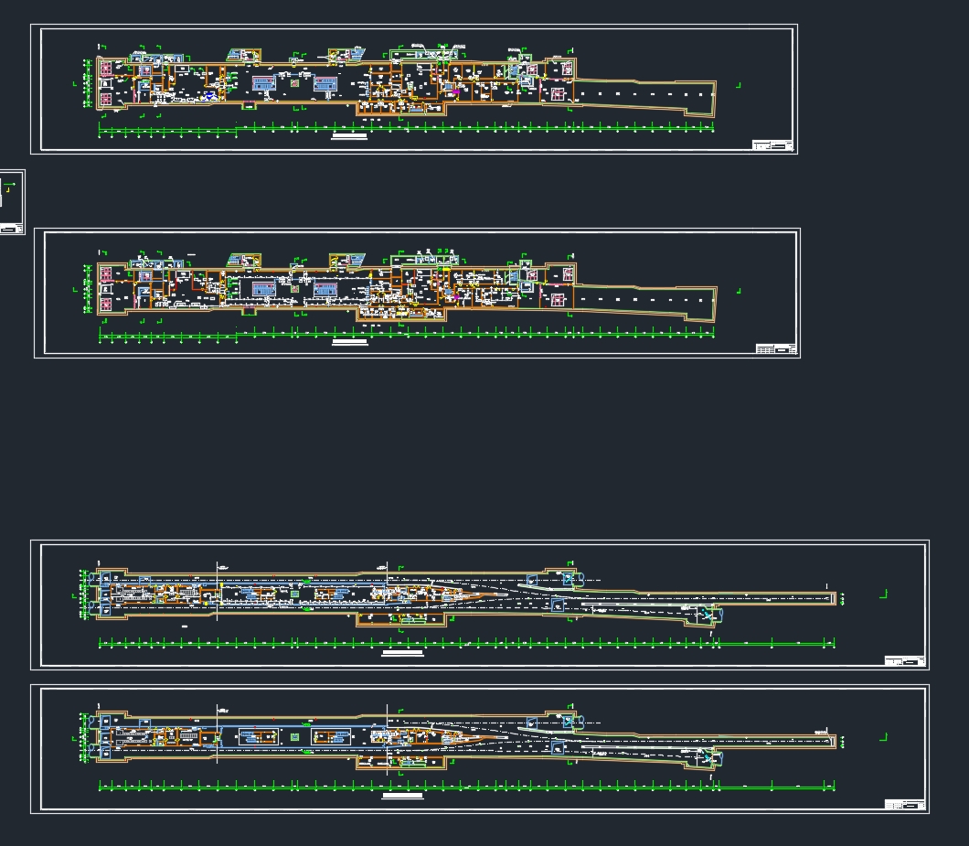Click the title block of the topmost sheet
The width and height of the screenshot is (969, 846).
(x=772, y=145)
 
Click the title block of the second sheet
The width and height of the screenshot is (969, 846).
(x=776, y=348)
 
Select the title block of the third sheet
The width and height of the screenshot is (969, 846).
(x=905, y=660)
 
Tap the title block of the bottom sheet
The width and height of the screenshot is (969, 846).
(x=905, y=804)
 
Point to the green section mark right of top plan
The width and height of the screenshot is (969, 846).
(x=738, y=85)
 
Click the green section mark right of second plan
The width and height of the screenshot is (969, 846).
(x=738, y=292)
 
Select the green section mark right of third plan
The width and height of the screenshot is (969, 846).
(x=883, y=594)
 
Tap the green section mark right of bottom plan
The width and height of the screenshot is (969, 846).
(x=883, y=737)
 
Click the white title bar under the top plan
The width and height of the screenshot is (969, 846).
(x=349, y=137)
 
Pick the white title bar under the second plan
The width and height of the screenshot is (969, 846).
(x=350, y=343)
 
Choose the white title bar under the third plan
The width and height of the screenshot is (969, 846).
(x=402, y=653)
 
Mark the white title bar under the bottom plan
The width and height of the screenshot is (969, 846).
(x=402, y=797)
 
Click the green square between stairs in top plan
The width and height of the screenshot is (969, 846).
(x=294, y=83)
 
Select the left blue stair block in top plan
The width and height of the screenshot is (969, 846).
(x=264, y=84)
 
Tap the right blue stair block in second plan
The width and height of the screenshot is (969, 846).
(x=326, y=290)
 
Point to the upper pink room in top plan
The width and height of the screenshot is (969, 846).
(x=106, y=69)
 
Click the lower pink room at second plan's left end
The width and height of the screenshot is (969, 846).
(x=106, y=304)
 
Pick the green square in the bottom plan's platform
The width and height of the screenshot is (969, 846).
(x=294, y=736)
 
